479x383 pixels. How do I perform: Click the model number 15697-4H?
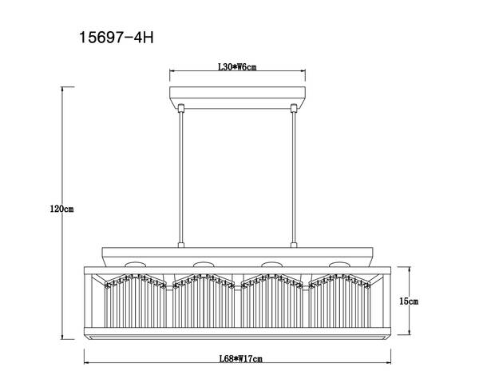[117, 38]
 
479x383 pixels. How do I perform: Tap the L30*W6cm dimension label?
[237, 66]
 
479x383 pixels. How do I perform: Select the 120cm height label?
[61, 209]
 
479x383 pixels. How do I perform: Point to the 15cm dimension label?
[409, 301]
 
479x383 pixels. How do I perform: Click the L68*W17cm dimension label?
[241, 358]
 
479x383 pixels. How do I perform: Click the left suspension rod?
[181, 178]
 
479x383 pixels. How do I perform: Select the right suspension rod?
[294, 178]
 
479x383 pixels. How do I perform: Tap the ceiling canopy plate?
[237, 98]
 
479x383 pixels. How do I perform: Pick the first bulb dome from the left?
[135, 264]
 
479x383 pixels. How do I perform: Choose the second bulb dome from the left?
[204, 264]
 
